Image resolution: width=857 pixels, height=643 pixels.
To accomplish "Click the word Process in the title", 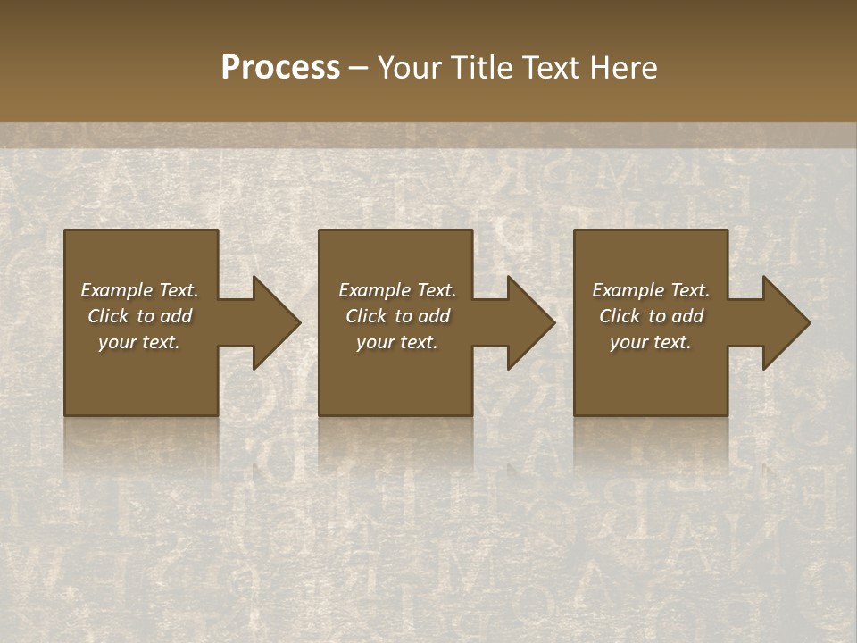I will pos(280,68).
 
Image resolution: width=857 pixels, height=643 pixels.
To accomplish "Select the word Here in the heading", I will pos(624,68).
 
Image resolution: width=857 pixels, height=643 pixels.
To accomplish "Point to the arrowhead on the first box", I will pos(272,322).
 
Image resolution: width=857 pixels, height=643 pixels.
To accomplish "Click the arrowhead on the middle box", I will pos(528,322).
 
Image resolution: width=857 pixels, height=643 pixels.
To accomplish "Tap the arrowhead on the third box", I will pos(783,322).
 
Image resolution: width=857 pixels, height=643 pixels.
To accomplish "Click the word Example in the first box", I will pos(116,290).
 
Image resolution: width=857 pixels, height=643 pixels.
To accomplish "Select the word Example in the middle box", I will pos(374,290).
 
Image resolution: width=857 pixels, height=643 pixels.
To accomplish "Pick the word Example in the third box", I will pos(628,290).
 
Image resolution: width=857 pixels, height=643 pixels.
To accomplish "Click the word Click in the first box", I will pos(107,316).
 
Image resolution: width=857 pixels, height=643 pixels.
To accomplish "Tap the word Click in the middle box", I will pos(365,316).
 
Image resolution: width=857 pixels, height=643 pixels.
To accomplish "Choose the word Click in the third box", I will pos(619,316).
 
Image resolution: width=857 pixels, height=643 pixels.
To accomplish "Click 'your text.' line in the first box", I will pos(139,342).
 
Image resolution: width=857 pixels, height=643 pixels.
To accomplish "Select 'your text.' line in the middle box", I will pos(397,342).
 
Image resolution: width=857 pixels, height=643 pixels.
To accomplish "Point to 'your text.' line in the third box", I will pos(651,342).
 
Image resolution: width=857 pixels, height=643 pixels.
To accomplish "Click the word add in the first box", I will pos(176,316).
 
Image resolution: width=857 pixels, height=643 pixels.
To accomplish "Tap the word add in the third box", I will pos(688,316).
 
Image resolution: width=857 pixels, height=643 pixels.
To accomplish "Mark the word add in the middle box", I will pos(434,316).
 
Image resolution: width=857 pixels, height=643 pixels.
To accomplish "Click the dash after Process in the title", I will pos(359,69).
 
